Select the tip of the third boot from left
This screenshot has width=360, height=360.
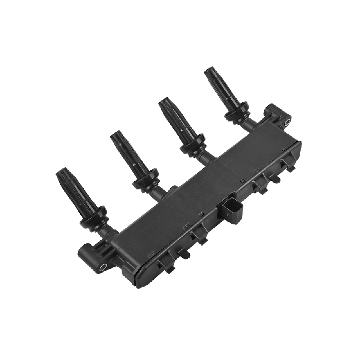163,104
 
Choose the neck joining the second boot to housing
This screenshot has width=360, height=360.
157,193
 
